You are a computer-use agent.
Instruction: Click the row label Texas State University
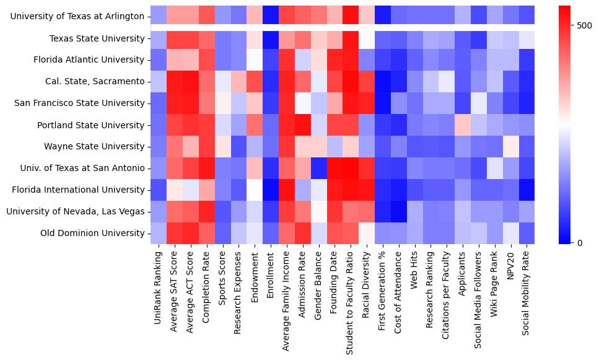[x=97, y=38]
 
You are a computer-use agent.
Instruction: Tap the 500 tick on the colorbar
[x=584, y=25]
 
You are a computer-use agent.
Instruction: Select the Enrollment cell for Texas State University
[x=271, y=38]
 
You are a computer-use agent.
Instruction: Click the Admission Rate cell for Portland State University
[x=303, y=125]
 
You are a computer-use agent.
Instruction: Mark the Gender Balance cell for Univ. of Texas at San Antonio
[x=319, y=168]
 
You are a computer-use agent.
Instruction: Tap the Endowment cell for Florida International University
[x=255, y=190]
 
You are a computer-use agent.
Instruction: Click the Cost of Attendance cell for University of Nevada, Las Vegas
[x=400, y=211]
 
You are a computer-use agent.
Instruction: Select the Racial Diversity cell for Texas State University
[x=367, y=38]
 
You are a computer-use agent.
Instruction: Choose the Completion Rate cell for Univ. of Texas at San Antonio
[x=206, y=168]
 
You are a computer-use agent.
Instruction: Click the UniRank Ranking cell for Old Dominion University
[x=158, y=233]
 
